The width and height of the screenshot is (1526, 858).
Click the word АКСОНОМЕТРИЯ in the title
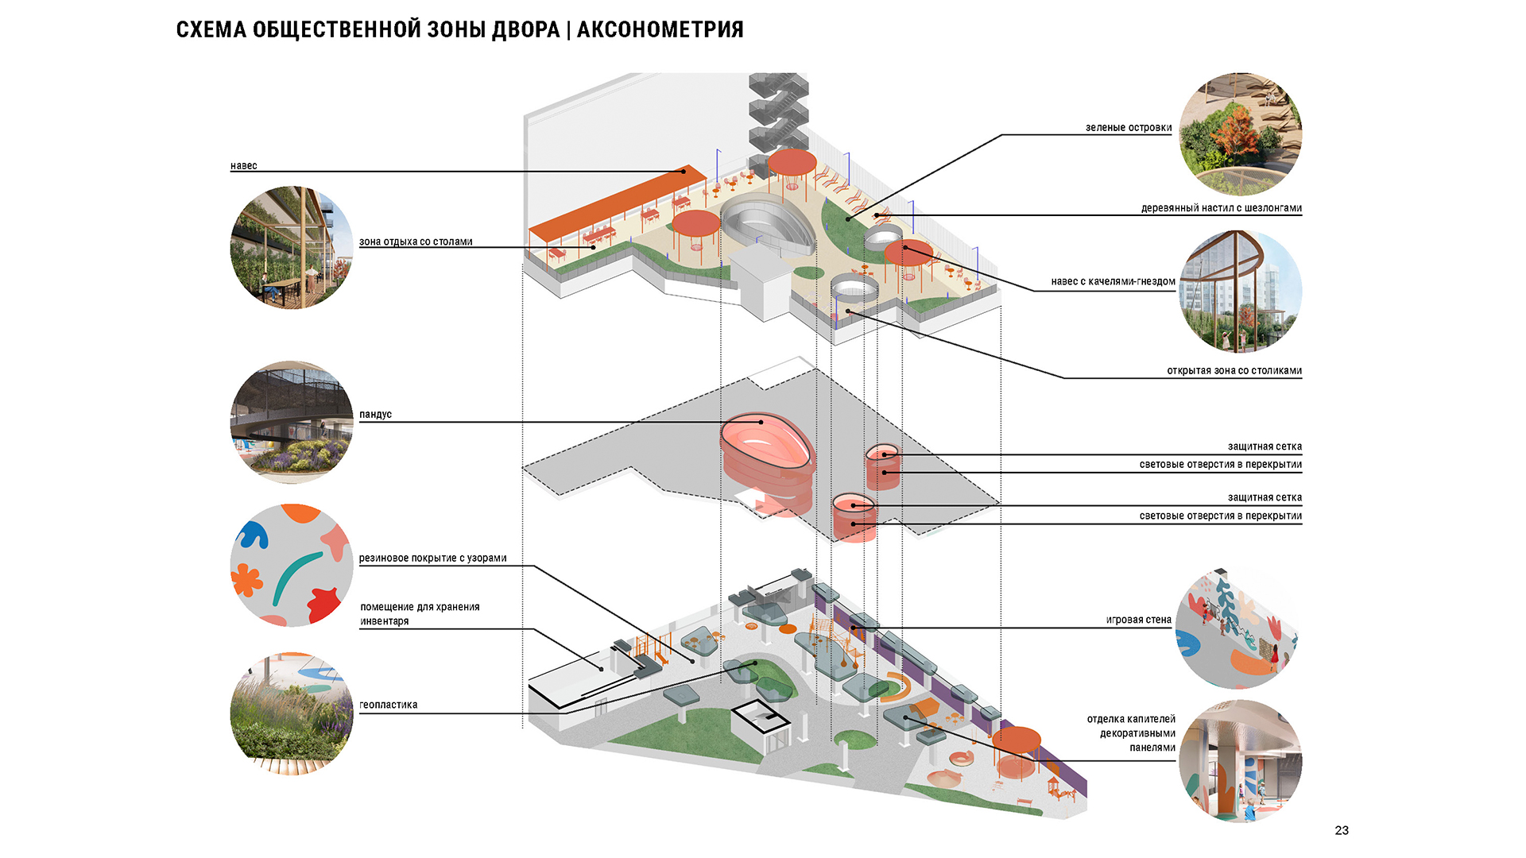(660, 30)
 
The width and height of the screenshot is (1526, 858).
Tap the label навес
(244, 166)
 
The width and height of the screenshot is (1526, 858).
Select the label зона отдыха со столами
(416, 242)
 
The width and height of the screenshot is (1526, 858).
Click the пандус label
(375, 415)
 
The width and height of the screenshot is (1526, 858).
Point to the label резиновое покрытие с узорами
(432, 558)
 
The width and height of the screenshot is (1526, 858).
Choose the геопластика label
(389, 705)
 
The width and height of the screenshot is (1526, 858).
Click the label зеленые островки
(1129, 128)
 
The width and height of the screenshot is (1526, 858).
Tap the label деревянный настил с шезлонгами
(1222, 208)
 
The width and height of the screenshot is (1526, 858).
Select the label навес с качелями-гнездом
(1113, 281)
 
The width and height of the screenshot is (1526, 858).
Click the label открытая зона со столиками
(1234, 371)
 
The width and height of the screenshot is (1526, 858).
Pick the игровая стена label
(1138, 620)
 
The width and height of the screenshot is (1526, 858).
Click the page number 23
(1342, 830)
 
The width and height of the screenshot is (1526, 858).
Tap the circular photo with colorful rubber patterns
(292, 566)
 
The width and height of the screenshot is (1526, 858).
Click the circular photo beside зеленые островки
(1240, 134)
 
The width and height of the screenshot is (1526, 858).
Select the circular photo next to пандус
(292, 423)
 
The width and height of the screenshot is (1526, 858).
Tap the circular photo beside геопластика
(292, 713)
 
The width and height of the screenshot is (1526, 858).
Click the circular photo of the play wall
(1237, 628)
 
